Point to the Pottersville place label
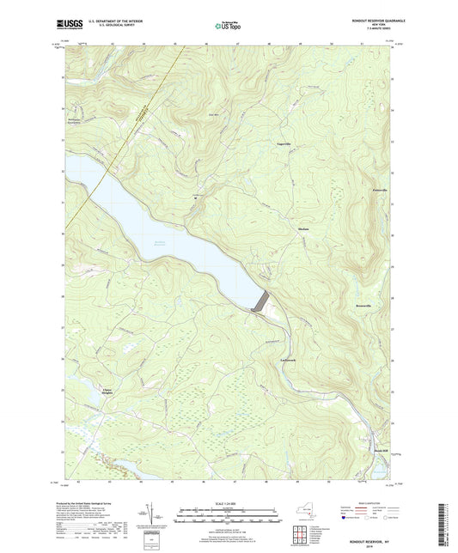(x=378, y=190)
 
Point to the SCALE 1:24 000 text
(x=229, y=502)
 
